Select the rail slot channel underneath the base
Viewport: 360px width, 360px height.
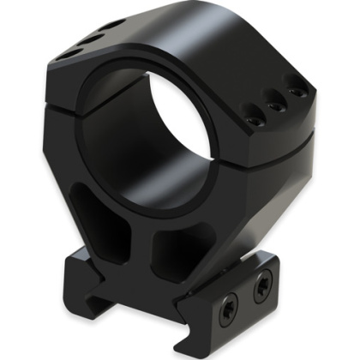coord(171,296)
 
